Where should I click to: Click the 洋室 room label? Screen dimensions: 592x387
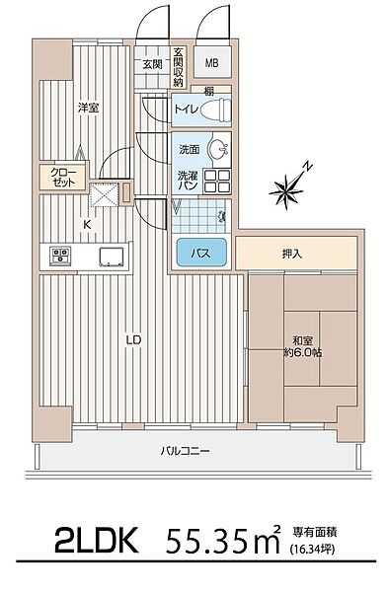[x=90, y=107]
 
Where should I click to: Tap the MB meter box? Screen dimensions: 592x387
[x=212, y=65]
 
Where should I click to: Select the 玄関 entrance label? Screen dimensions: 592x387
[x=152, y=65]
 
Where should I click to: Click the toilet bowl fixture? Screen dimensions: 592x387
[x=211, y=111]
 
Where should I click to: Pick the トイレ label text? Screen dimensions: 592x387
[x=184, y=111]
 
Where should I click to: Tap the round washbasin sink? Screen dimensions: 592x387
[x=216, y=152]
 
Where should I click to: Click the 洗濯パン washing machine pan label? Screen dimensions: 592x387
[x=187, y=182]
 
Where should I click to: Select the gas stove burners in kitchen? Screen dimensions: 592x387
[x=60, y=257]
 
